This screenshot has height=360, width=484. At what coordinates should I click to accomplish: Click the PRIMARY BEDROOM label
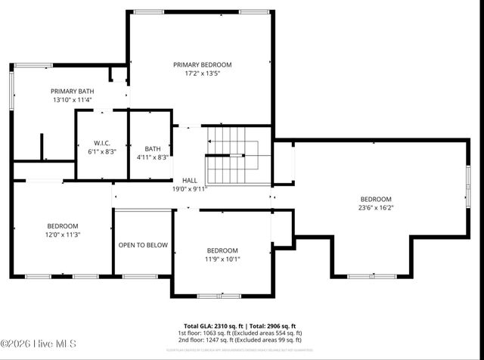(202, 65)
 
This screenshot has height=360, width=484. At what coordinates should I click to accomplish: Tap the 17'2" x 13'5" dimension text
(202, 74)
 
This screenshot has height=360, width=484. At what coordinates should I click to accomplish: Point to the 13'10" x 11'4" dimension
(73, 100)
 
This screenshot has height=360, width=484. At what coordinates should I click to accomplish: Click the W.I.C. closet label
(102, 143)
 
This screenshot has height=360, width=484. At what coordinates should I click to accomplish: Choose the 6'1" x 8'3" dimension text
(102, 152)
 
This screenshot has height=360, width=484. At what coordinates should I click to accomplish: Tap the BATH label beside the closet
(153, 148)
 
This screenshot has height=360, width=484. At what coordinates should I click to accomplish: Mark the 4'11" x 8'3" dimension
(153, 157)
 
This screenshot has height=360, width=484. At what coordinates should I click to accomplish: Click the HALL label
(190, 180)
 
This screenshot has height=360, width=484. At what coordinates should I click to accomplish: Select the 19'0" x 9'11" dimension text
(190, 189)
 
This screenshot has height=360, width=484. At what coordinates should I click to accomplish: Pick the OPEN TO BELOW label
(143, 245)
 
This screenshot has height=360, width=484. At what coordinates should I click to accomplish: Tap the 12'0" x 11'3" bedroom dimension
(62, 234)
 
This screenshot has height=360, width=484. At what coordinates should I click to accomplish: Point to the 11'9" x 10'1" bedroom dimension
(222, 259)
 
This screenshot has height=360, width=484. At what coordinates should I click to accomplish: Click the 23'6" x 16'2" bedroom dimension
(376, 207)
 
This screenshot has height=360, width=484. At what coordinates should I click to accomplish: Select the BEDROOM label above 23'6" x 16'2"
(376, 198)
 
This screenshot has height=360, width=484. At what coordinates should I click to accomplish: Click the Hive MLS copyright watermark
(39, 345)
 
